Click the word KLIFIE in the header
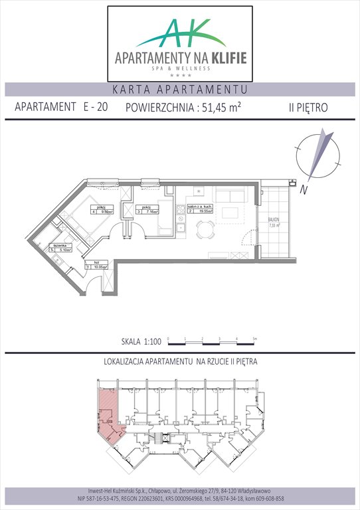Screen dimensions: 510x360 (225, 58)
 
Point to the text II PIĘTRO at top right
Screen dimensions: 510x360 (309, 108)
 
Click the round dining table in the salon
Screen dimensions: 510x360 (207, 231)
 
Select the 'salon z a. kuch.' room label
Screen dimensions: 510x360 (203, 208)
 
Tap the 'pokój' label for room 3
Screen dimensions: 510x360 (145, 207)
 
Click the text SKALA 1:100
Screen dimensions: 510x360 (140, 342)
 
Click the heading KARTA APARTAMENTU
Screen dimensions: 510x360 (179, 89)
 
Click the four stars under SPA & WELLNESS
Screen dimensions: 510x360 (179, 76)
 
